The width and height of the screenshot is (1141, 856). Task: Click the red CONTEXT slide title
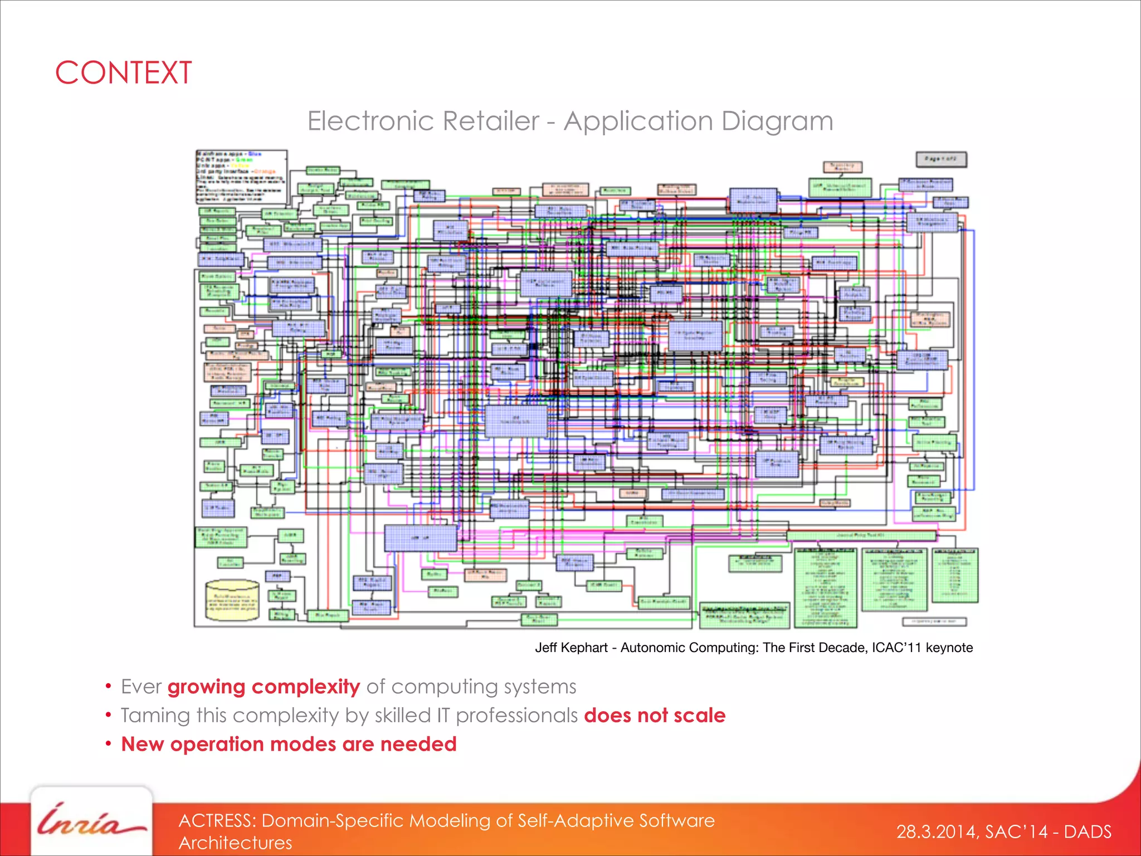[124, 73]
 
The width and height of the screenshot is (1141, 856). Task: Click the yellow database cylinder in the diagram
[232, 601]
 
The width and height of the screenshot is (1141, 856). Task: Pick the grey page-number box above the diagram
[941, 159]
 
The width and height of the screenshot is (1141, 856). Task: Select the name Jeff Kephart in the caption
[571, 648]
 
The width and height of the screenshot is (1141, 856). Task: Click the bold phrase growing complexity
[264, 687]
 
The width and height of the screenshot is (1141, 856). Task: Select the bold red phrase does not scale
[655, 716]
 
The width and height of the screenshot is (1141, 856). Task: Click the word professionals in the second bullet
[516, 716]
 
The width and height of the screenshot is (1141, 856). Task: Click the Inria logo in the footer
[91, 823]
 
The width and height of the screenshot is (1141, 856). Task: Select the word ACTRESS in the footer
[217, 821]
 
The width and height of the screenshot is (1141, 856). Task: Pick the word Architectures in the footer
[235, 843]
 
